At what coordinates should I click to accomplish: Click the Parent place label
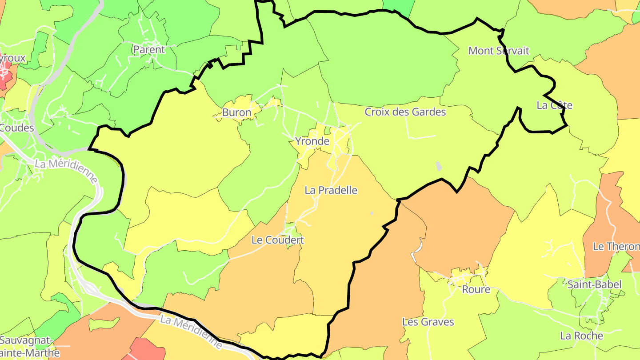149,50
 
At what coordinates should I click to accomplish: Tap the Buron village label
236,113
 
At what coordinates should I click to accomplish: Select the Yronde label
312,142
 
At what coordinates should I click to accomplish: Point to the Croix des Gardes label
405,112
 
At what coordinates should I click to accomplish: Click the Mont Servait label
499,51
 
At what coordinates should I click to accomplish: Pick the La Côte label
554,106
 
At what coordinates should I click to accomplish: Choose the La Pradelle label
331,190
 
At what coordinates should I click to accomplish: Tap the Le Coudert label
277,240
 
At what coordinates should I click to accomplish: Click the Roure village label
476,290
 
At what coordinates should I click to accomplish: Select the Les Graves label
428,322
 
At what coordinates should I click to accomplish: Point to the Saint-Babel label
595,284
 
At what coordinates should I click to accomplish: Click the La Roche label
581,336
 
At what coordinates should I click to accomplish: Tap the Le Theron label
616,246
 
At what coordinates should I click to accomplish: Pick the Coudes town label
17,128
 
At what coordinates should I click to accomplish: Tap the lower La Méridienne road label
191,332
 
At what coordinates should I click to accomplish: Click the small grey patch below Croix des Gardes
439,166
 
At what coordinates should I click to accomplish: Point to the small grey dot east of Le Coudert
372,213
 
